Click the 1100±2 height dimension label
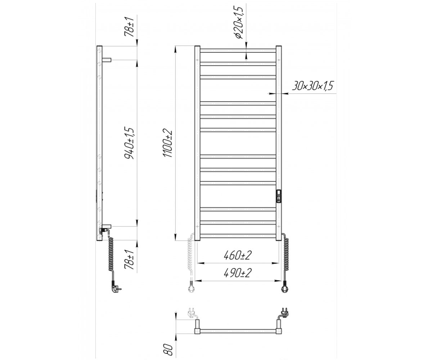coord(168,143)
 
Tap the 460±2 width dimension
coord(238,255)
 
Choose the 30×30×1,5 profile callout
coord(313,86)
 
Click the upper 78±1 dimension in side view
coord(129,27)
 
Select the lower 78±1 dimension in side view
coord(129,259)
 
